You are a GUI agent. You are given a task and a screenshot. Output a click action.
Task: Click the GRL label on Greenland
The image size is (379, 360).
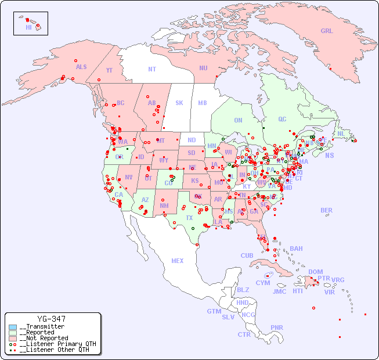click(x=327, y=31)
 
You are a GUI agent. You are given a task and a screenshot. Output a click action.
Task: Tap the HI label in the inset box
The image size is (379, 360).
click(x=28, y=27)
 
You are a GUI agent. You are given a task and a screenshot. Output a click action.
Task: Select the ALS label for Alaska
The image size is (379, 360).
click(x=81, y=67)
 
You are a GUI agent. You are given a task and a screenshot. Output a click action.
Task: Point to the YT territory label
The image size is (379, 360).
click(x=109, y=70)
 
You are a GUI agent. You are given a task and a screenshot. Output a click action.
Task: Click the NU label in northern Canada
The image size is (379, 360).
click(x=203, y=68)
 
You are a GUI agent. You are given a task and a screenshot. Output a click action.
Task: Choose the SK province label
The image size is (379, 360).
click(x=179, y=103)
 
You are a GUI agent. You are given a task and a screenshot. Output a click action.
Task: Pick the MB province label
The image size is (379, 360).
click(x=203, y=103)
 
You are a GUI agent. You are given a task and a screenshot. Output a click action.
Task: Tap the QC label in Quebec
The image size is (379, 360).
click(x=282, y=119)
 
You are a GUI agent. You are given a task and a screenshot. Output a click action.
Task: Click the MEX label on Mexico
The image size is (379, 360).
click(x=178, y=261)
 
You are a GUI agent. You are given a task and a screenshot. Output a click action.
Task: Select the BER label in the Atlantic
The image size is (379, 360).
click(x=327, y=210)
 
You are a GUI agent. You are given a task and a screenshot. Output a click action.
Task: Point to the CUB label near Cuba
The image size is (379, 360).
click(x=247, y=255)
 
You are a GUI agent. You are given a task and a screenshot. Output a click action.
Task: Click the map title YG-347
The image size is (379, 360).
click(x=51, y=319)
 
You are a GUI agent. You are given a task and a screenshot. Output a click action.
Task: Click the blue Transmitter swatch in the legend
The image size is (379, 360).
click(x=13, y=327)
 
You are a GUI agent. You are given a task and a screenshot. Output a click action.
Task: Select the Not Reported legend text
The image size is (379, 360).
click(x=44, y=338)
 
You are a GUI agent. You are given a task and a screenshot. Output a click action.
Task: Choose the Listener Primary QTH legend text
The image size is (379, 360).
click(x=57, y=344)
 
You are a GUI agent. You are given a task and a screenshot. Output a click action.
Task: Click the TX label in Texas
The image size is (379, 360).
click(x=189, y=218)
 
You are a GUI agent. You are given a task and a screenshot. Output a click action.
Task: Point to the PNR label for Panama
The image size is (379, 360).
click(x=277, y=327)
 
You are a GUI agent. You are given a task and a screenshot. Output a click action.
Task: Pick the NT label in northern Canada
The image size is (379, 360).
click(x=152, y=69)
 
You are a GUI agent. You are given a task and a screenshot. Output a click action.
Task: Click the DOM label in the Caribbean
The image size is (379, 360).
click(x=315, y=272)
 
